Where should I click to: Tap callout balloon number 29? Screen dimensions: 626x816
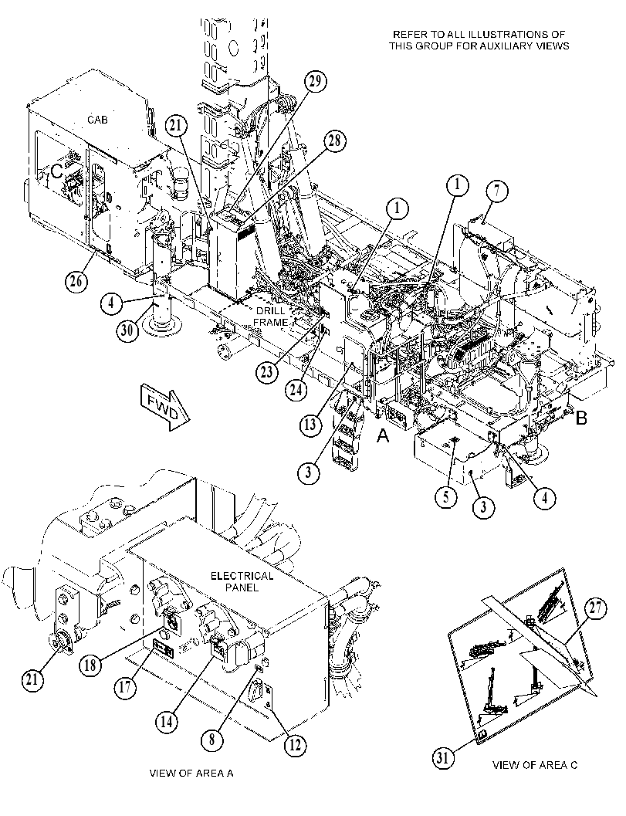[316, 82]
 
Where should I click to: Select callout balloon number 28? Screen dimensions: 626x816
[336, 141]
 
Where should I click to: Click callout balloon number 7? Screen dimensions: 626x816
[497, 191]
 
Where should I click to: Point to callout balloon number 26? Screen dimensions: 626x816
[76, 282]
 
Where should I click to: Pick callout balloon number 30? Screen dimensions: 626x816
[127, 330]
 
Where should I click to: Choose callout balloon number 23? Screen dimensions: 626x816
[267, 374]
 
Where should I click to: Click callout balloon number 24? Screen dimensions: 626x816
[296, 389]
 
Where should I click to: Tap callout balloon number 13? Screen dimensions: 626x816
[310, 425]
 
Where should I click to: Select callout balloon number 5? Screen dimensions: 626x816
[446, 496]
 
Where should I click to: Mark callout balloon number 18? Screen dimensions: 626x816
[90, 665]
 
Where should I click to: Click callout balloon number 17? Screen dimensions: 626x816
[125, 687]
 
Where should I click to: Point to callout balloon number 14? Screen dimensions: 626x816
[166, 722]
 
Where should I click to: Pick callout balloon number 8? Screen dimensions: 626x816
[212, 740]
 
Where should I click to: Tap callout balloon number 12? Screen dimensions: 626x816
[295, 745]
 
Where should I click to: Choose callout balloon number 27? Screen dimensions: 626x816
[596, 609]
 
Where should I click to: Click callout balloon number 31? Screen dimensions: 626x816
[442, 758]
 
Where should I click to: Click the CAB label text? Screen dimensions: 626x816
[97, 120]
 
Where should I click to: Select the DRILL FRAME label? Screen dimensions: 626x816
[271, 317]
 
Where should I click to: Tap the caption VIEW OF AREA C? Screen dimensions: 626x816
[534, 765]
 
